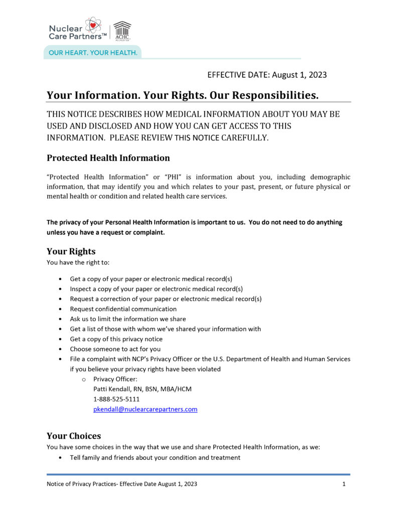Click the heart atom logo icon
(x=93, y=25)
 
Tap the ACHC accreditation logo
(x=122, y=31)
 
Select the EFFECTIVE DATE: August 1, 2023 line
(x=267, y=75)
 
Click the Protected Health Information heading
(x=108, y=158)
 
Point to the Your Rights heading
(x=71, y=251)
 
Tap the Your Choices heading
(x=74, y=436)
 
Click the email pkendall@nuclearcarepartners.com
(x=145, y=409)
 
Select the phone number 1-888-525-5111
(x=116, y=399)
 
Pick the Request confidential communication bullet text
(x=123, y=309)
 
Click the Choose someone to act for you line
(x=115, y=349)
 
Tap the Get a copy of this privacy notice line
(x=116, y=339)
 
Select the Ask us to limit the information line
(x=127, y=319)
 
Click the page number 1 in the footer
(x=344, y=484)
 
